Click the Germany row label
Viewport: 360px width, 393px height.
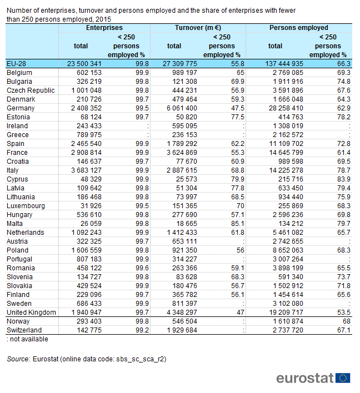click(21, 108)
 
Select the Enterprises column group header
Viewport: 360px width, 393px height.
click(104, 28)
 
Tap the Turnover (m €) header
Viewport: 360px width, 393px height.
click(198, 28)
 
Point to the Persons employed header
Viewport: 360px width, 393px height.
click(298, 28)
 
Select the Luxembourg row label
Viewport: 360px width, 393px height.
click(26, 206)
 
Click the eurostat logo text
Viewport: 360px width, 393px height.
click(304, 377)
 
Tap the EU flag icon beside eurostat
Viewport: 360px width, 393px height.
click(343, 377)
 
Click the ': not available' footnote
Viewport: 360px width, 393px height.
click(27, 339)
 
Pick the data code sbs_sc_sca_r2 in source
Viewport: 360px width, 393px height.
click(142, 359)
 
